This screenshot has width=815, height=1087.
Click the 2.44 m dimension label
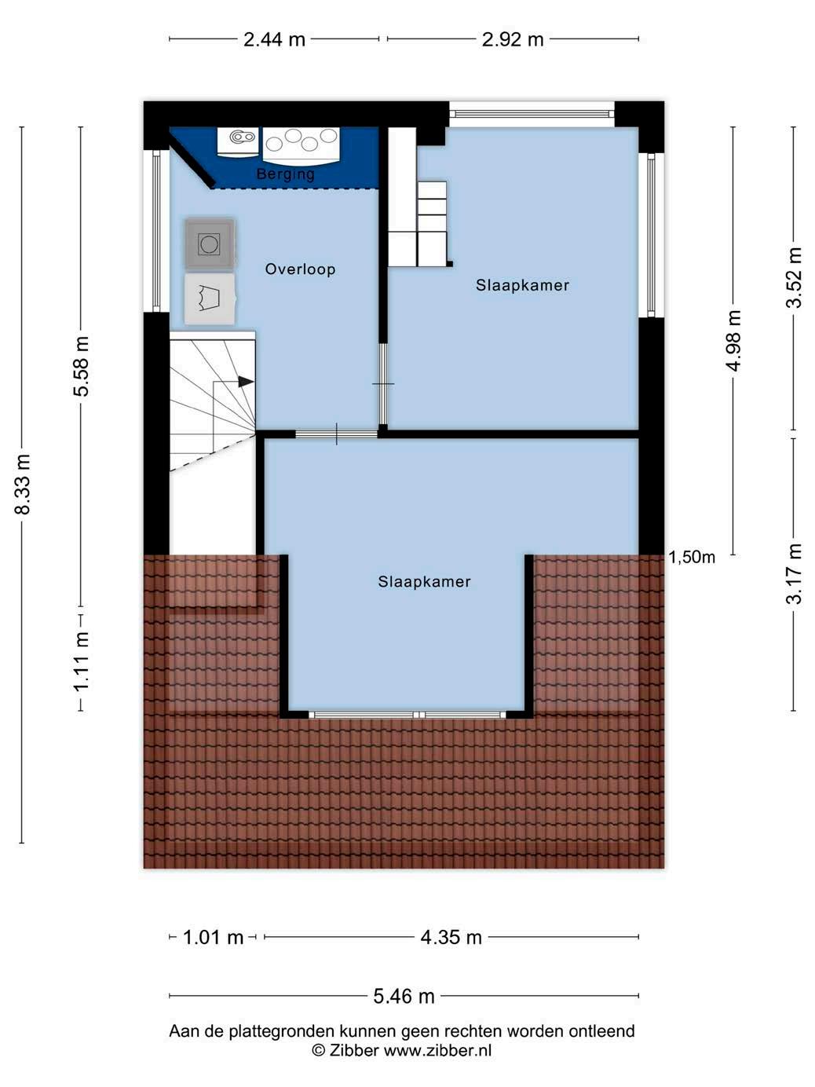pos(274,39)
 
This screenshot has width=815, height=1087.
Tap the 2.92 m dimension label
pos(513,39)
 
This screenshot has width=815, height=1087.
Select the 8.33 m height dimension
pos(22,485)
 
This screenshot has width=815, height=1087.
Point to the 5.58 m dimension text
pos(81,367)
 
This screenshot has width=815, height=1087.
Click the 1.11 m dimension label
pos(81,661)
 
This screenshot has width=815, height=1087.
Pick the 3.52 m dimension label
pos(794,277)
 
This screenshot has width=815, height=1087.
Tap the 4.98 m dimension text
pos(734,341)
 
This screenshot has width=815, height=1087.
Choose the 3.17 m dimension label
pos(794,574)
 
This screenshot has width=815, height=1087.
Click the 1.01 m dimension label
pos(214,938)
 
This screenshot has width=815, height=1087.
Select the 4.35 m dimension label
pos(451,938)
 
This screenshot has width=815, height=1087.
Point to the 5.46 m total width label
pos(404,997)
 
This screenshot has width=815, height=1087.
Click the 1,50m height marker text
pos(692,557)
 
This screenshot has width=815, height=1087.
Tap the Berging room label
pos(286,174)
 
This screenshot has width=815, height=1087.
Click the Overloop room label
pos(301,269)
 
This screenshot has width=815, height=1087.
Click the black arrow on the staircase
pos(246,382)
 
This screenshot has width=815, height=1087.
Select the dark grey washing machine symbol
pos(210,244)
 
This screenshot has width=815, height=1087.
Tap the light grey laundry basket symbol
pos(210,299)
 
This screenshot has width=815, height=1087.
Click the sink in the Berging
pos(239,142)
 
